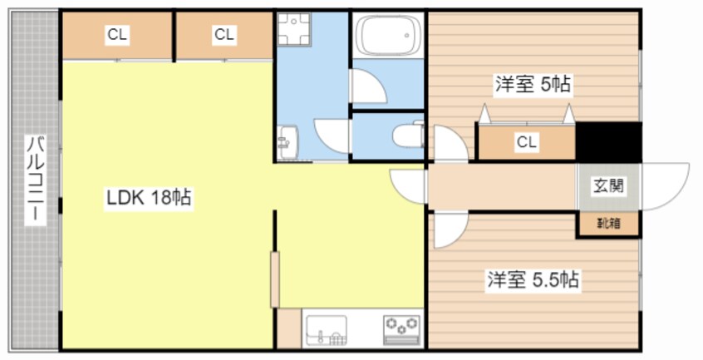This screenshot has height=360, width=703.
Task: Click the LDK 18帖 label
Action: (148, 198)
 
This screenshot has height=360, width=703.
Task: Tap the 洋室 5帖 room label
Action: (533, 83)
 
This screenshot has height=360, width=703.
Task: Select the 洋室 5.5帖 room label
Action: (533, 280)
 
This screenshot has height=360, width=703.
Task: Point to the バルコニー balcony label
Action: (35, 178)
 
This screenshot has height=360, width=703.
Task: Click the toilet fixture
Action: (407, 136)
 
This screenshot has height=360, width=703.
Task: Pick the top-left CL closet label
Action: (116, 35)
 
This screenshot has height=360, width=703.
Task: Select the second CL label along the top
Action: (224, 35)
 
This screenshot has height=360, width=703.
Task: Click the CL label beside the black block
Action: (525, 141)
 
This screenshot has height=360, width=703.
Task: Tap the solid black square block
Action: (608, 141)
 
